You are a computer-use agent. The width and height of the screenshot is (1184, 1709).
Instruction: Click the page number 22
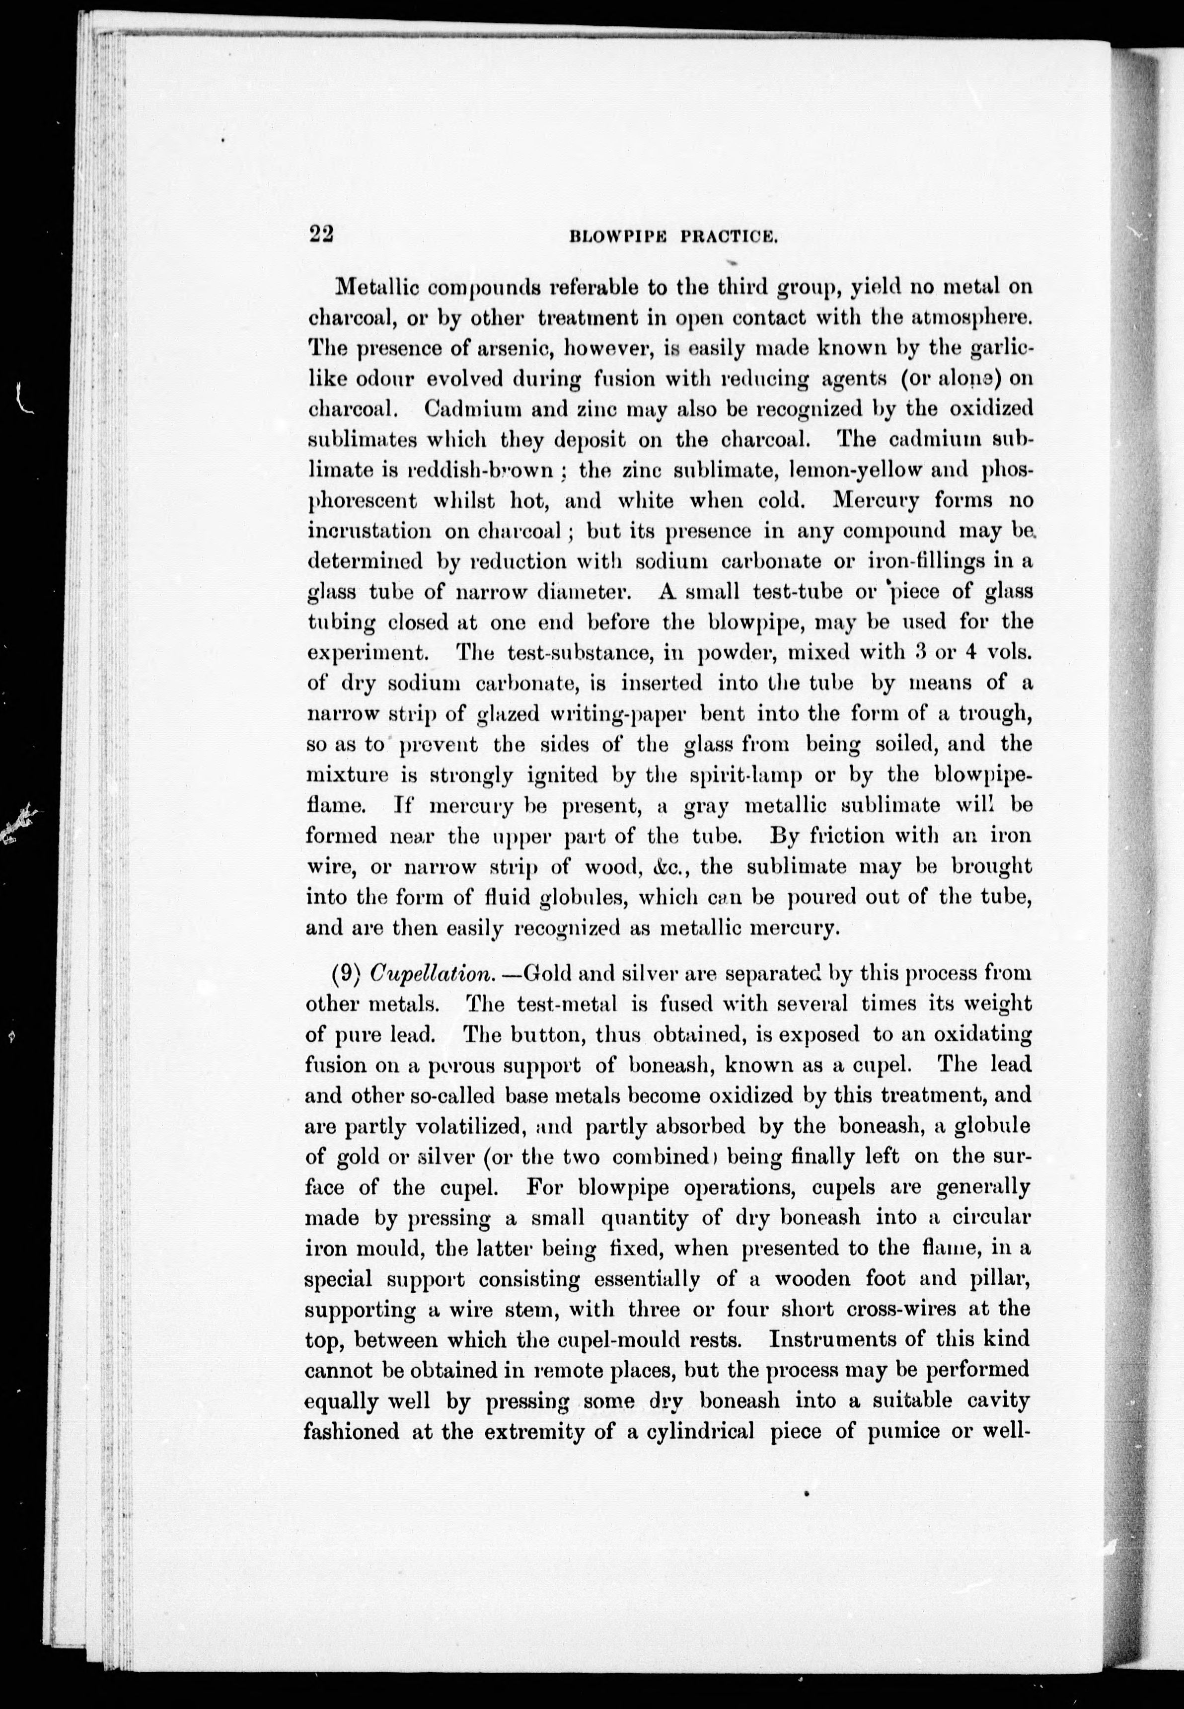click(x=322, y=234)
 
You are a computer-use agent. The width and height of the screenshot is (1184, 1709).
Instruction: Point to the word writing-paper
click(x=587, y=714)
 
